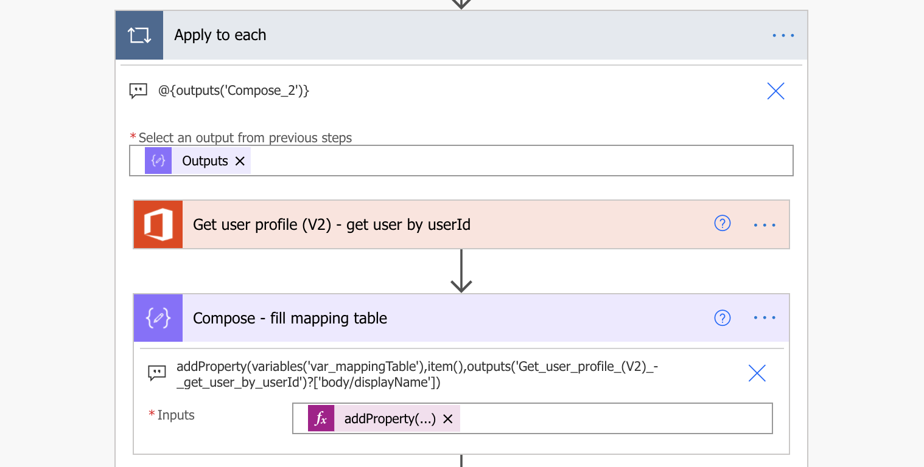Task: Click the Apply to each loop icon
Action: click(x=139, y=35)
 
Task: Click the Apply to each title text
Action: click(x=220, y=35)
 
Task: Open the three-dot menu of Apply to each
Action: click(x=783, y=35)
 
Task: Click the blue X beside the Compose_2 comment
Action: click(x=775, y=91)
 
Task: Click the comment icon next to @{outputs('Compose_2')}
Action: click(x=138, y=91)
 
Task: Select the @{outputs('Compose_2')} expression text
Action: click(x=234, y=91)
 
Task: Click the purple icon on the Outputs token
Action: click(x=158, y=161)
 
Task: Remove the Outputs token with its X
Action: click(x=240, y=161)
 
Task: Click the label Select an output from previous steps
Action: click(x=245, y=137)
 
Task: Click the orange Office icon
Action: click(x=158, y=224)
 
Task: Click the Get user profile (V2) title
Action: click(x=332, y=224)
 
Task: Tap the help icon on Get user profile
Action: click(x=723, y=223)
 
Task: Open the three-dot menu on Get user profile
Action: click(x=765, y=225)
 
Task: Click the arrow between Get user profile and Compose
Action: click(x=461, y=271)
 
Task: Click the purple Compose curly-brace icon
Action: click(x=158, y=318)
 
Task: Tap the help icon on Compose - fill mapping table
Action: click(x=723, y=318)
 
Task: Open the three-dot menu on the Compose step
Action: click(x=765, y=318)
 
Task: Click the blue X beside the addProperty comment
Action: click(x=757, y=373)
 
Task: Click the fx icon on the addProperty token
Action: click(x=321, y=418)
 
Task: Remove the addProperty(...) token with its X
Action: click(x=447, y=419)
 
